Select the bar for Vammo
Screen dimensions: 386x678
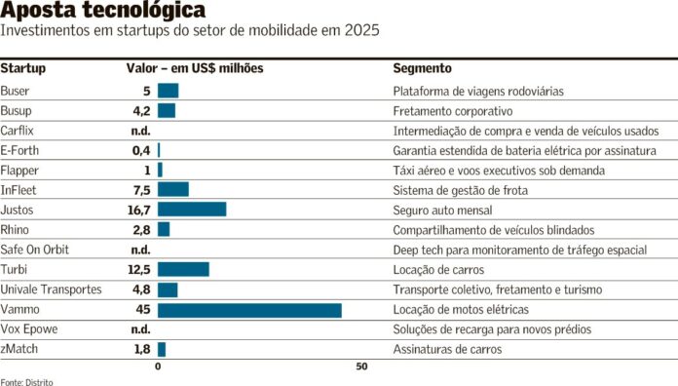(249, 309)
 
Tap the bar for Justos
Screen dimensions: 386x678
(192, 210)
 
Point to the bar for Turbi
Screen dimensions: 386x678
(183, 269)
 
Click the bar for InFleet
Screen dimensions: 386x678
(173, 189)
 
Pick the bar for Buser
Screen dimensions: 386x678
(168, 91)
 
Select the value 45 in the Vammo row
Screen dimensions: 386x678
(142, 309)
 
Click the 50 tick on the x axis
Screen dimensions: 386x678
(361, 367)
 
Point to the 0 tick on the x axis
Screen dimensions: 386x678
(158, 367)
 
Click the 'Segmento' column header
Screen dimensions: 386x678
(422, 69)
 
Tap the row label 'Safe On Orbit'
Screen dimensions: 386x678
(34, 250)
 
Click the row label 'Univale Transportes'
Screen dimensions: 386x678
(51, 289)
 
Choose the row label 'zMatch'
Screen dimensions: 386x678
(19, 348)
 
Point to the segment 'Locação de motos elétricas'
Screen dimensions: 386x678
(461, 309)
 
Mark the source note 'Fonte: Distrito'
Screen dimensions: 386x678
(26, 381)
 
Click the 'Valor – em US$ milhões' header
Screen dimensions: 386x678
(195, 69)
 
